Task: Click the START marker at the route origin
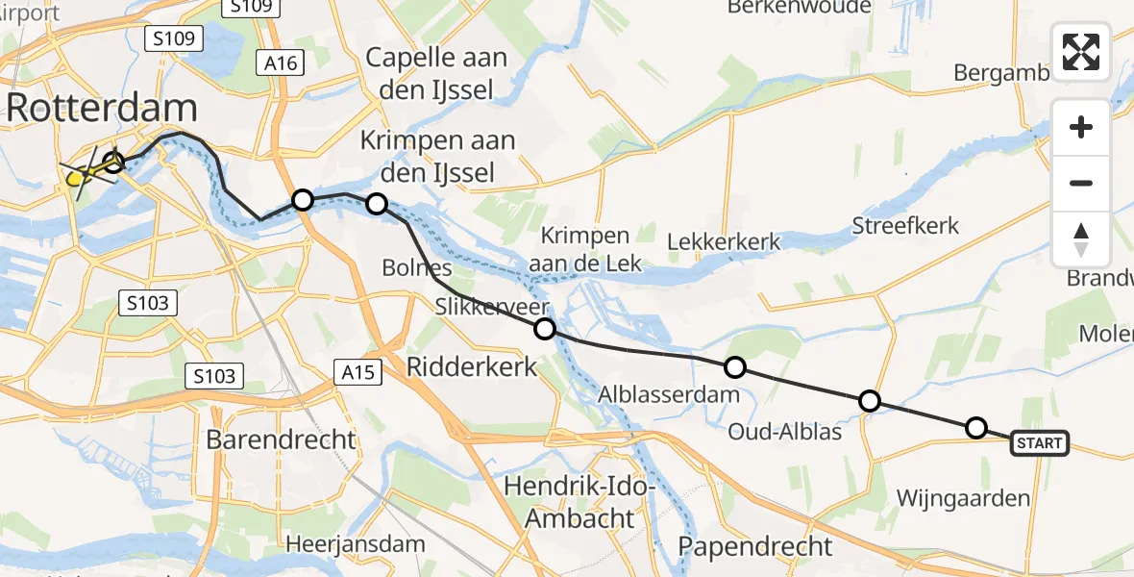pos(1039,443)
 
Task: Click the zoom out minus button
pos(1081,184)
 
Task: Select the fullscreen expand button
pos(1081,52)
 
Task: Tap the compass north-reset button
pos(1081,239)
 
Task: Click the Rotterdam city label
pos(102,109)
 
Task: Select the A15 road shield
pos(358,371)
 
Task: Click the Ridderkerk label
pos(472,365)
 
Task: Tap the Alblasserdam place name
pos(669,394)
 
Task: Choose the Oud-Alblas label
pos(786,432)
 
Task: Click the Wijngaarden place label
pos(963,498)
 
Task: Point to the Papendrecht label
pos(755,546)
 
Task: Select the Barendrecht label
pos(282,440)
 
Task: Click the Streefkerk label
pos(905,226)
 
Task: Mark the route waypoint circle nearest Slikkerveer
pos(545,329)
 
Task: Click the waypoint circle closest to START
pos(975,428)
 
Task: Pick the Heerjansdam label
pos(357,544)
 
